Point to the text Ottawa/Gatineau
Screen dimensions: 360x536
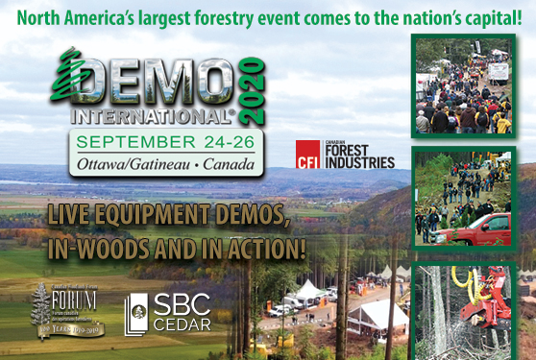[124, 165]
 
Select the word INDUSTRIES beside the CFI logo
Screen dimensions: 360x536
[359, 162]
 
